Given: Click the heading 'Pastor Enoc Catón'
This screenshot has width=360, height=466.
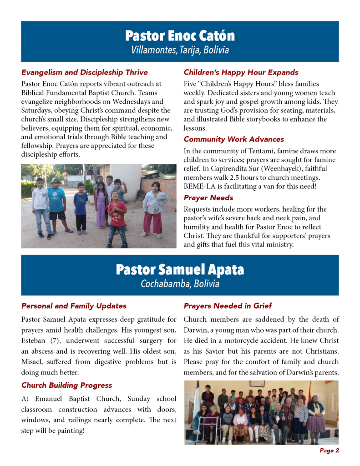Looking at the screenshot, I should [x=180, y=35].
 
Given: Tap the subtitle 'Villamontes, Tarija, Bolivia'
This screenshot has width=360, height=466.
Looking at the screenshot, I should [x=180, y=50].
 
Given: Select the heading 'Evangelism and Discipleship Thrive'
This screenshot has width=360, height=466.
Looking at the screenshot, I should [x=85, y=72].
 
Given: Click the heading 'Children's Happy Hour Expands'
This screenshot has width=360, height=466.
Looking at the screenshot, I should [x=241, y=72].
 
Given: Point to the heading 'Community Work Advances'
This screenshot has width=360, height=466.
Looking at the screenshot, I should [x=233, y=139].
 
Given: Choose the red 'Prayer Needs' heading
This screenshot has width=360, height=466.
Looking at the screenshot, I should [x=208, y=198].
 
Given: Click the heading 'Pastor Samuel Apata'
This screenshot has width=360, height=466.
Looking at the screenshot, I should [x=180, y=269].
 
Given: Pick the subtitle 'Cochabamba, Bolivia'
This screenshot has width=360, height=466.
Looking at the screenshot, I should [x=180, y=284].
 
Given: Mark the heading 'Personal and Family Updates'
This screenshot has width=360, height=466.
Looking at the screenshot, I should [x=74, y=306].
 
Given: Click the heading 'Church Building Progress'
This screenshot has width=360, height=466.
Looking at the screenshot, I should [x=66, y=385].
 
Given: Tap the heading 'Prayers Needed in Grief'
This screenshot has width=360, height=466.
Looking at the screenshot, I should [x=228, y=306].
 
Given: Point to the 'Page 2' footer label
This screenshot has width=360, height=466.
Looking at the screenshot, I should [x=329, y=451].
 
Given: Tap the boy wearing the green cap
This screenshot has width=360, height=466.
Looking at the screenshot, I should [x=57, y=203].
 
